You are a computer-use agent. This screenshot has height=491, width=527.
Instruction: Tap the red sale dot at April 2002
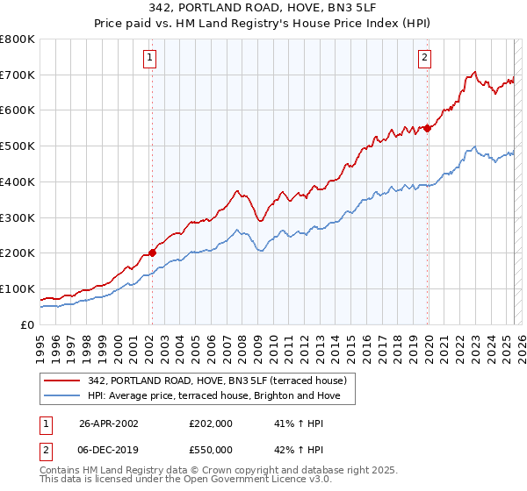point(152,253)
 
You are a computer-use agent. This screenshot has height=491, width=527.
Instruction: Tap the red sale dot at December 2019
point(428,128)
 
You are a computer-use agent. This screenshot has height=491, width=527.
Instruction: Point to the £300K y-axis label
point(18,217)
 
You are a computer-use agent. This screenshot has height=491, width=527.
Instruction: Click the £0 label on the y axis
point(27,324)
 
